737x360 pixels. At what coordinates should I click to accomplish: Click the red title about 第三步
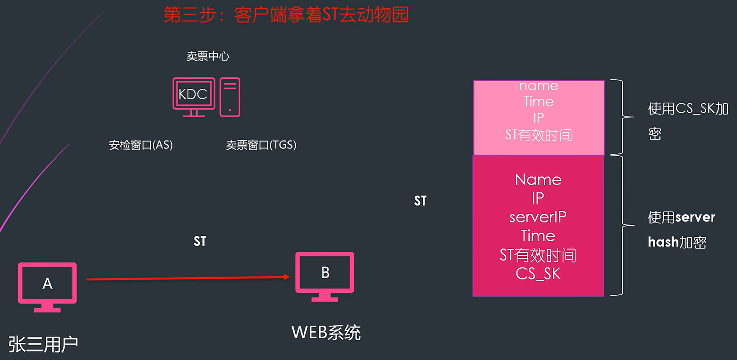286,15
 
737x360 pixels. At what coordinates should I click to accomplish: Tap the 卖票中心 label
208,56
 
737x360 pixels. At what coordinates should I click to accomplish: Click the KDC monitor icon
194,97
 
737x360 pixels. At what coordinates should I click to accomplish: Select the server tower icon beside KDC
230,97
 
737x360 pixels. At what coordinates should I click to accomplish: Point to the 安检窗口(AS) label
141,145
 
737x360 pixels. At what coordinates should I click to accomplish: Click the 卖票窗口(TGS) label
261,145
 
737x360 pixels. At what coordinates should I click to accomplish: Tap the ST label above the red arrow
200,241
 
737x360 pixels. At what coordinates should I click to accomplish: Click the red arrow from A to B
187,278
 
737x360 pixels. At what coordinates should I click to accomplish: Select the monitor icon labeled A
47,286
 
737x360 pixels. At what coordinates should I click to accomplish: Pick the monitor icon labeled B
325,276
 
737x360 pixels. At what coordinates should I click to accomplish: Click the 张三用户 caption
43,344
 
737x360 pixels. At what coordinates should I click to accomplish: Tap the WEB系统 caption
326,333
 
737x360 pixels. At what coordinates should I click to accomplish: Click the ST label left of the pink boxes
420,201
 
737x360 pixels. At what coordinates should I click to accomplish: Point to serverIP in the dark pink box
538,217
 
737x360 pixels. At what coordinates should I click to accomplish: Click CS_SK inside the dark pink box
538,274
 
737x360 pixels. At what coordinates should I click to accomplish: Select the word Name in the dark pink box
538,180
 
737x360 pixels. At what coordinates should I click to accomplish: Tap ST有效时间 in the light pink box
538,135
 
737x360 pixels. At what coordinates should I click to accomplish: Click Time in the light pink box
538,102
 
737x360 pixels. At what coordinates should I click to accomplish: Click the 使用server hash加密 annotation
681,229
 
